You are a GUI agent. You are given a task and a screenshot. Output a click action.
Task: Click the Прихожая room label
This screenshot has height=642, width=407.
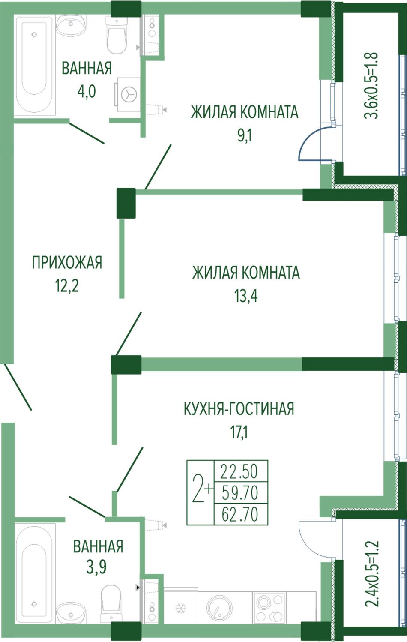[x=67, y=263]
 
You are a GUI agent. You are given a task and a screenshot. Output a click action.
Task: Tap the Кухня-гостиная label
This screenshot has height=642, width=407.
[x=239, y=408]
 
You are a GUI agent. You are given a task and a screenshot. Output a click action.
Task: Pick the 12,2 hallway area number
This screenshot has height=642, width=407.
[x=67, y=286]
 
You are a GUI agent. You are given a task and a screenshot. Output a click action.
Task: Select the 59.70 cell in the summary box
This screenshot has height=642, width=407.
[x=240, y=493]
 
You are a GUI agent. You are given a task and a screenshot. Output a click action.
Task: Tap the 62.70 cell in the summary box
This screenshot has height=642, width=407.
[x=240, y=514]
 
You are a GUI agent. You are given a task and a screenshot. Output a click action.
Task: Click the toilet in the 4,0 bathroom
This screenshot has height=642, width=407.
[x=116, y=35]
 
